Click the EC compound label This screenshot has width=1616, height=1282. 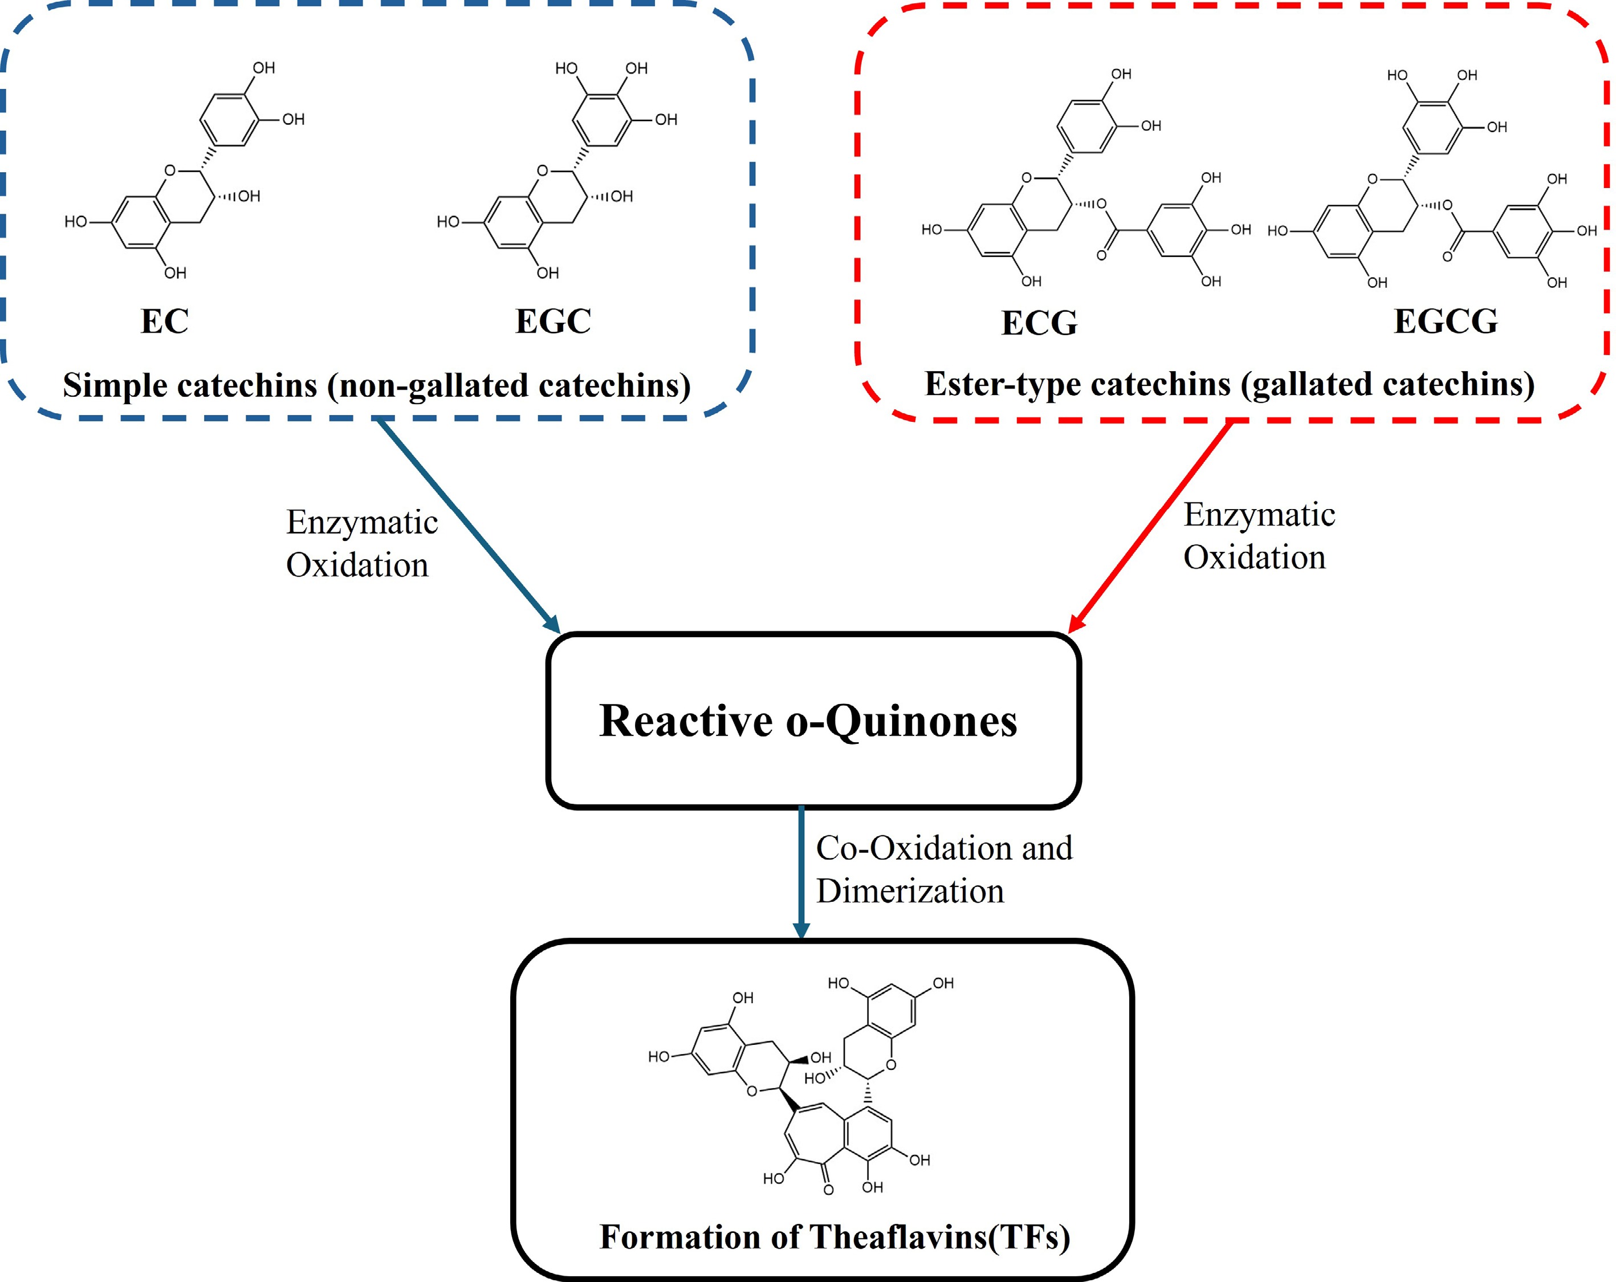164,321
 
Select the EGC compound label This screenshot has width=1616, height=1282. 553,321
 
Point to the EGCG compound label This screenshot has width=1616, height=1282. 1445,321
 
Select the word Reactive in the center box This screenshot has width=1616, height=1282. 685,721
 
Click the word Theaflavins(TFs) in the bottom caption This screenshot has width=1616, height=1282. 940,1238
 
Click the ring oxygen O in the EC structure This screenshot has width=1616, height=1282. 169,171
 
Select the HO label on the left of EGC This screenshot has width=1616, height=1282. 447,222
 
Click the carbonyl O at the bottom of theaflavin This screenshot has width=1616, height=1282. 828,1190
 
